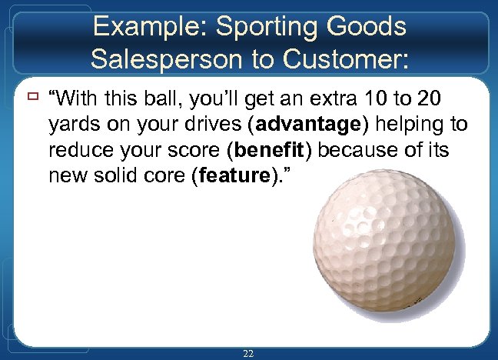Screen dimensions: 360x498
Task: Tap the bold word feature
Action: pyautogui.click(x=231, y=177)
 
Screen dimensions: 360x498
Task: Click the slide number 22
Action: pyautogui.click(x=248, y=353)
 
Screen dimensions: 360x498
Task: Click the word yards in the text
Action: pyautogui.click(x=71, y=125)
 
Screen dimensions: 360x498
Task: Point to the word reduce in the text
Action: pyautogui.click(x=78, y=151)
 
